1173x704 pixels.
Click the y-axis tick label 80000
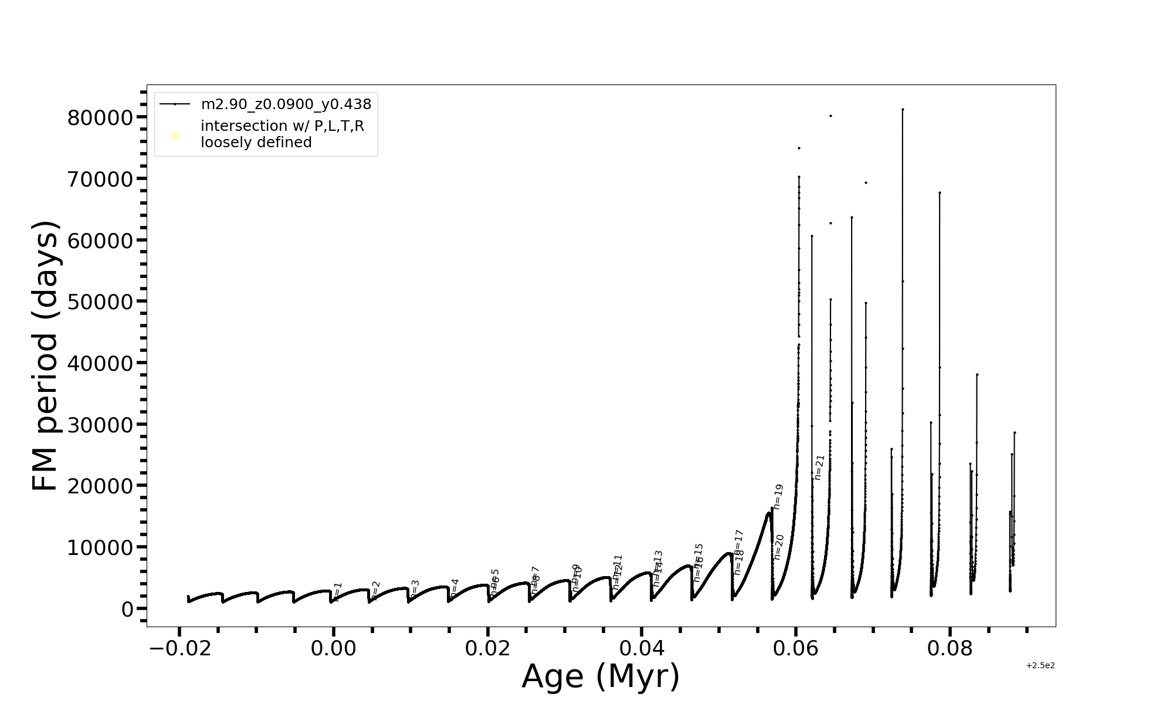100,118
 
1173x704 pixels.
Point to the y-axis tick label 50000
100,302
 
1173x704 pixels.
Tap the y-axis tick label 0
127,609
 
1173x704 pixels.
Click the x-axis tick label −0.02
179,648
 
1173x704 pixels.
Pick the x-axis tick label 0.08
950,648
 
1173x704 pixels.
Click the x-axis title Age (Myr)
601,676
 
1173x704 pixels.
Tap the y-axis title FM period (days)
46,356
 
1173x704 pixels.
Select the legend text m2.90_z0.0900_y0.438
286,104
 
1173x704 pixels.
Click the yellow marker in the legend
175,136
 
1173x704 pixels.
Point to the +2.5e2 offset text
1040,666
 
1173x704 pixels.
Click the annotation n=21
819,467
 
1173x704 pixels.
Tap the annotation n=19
778,496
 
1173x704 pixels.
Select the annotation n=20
779,547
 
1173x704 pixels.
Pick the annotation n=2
376,589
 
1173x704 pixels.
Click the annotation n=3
415,588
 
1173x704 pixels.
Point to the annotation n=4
455,587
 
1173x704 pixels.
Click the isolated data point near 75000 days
799,148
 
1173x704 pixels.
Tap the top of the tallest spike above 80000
903,109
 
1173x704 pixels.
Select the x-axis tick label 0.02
487,648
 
